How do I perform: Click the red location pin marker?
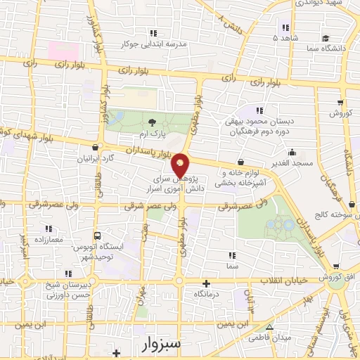[x=181, y=165]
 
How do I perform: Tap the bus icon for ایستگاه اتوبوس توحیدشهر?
[x=97, y=236]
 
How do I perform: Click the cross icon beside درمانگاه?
[x=205, y=284]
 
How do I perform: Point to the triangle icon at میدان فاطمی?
[x=269, y=327]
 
